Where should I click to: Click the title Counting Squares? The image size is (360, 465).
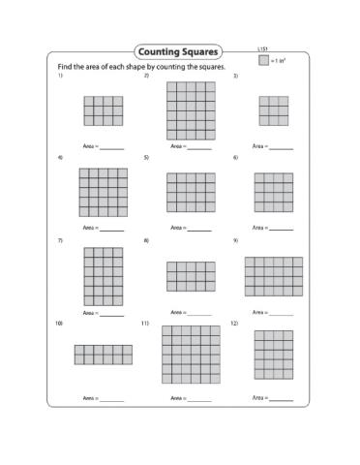tap(179, 51)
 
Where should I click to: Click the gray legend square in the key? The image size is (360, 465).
tap(263, 60)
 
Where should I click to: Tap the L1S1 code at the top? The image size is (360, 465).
tap(262, 47)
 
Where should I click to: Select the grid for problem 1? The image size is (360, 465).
tap(103, 110)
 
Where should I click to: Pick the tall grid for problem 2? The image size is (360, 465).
tap(191, 110)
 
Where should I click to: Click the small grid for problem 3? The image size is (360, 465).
tap(273, 110)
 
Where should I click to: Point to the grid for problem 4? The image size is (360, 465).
tap(103, 192)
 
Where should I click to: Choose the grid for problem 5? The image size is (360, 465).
tap(191, 192)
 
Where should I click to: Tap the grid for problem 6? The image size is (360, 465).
tap(273, 192)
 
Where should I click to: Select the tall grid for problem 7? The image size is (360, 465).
tap(103, 276)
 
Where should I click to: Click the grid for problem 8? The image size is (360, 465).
tap(191, 276)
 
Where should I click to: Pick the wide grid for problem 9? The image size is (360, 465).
tap(273, 276)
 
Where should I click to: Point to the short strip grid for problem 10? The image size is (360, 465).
tap(103, 355)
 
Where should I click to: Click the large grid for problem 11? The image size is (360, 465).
tap(191, 356)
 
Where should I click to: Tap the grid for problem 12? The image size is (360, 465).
tap(273, 355)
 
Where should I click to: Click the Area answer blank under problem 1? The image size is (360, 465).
tap(112, 148)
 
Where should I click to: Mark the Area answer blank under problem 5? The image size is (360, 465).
tap(198, 231)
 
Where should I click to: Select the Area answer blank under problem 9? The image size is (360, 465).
tap(281, 314)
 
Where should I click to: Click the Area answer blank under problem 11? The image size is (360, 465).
tap(198, 399)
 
